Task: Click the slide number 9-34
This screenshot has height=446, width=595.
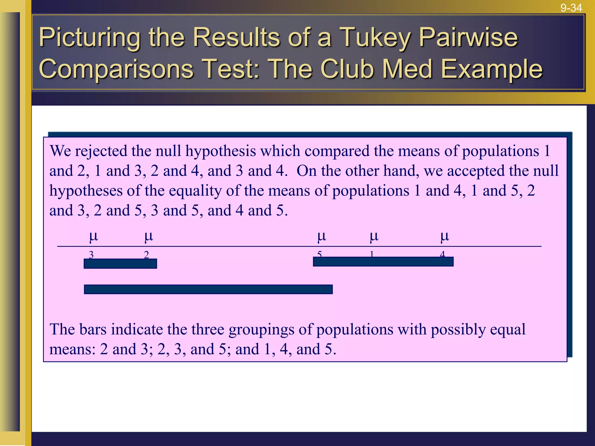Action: pos(571,8)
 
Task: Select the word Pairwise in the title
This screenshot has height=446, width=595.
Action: pos(468,38)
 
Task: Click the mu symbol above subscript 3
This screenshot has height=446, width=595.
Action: pos(93,236)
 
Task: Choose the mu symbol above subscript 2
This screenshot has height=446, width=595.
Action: pos(148,236)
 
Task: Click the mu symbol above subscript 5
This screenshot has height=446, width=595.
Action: pos(322,236)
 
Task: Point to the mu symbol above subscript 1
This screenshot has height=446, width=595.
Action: pos(374,236)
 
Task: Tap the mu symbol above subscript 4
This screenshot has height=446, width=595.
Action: pos(445,236)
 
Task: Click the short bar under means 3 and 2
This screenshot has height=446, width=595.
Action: pos(120,264)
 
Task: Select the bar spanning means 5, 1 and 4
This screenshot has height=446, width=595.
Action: pos(383,262)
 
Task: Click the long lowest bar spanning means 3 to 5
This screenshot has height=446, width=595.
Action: pos(208,289)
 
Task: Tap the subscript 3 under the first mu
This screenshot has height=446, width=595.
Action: pos(91,255)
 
